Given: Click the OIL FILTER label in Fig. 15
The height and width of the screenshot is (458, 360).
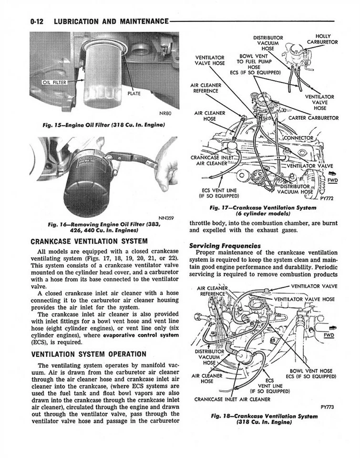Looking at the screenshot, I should pos(53,82).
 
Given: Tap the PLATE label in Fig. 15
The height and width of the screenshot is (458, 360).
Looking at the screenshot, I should pos(134,94).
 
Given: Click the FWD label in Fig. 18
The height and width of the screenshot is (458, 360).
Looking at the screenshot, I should pos(329,335).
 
